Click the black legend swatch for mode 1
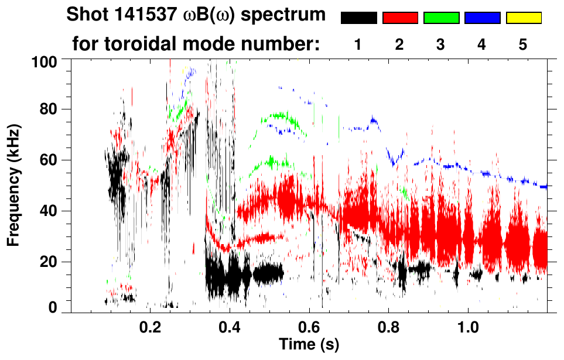358,18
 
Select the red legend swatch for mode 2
400,18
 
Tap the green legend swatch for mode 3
441,18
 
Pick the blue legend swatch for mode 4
482,18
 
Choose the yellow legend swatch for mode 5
524,18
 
